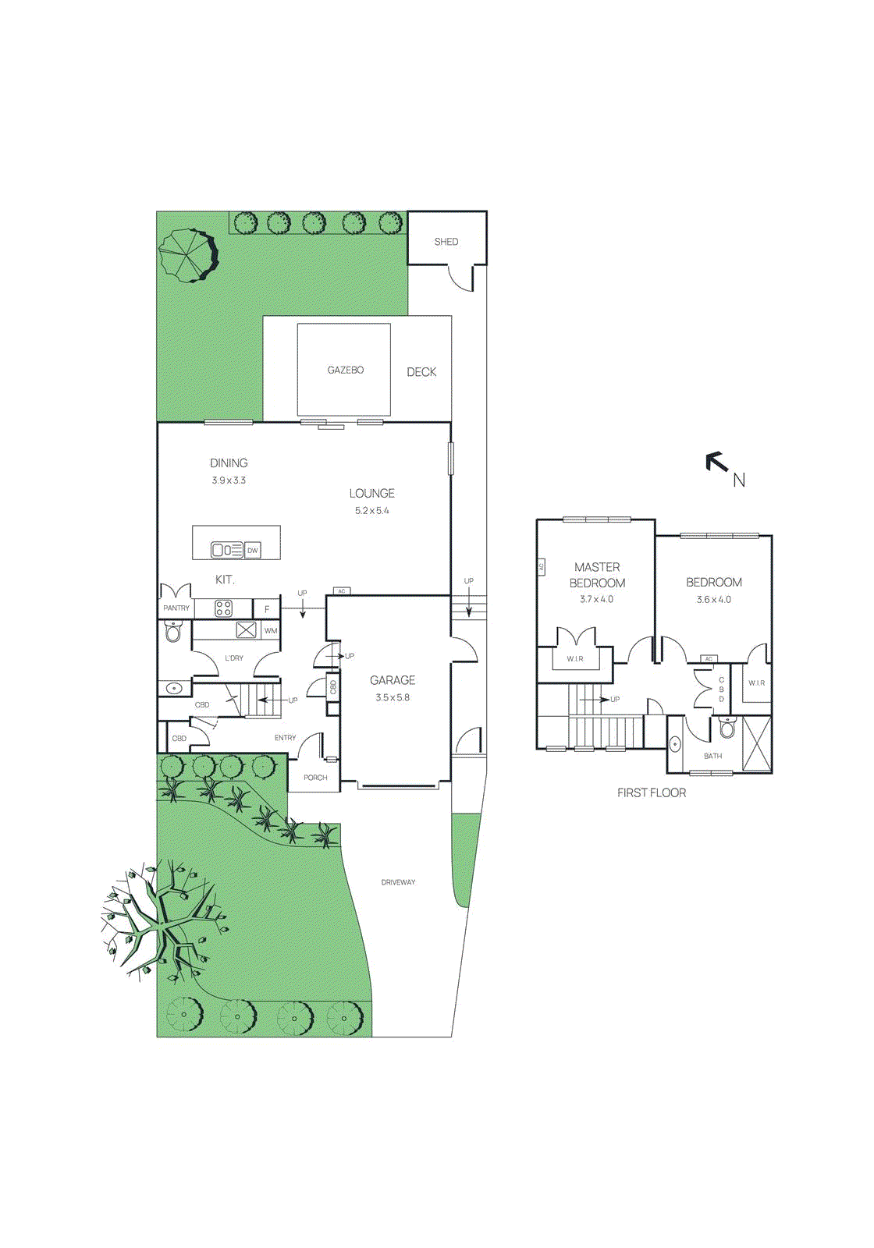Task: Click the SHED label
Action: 446,242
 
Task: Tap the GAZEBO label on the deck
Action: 346,370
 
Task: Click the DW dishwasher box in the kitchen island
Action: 253,551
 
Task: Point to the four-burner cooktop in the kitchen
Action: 224,608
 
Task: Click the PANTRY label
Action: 176,608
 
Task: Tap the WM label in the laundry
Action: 271,631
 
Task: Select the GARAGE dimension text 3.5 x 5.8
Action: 393,698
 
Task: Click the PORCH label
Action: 315,778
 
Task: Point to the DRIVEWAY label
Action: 398,882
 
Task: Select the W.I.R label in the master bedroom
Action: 575,659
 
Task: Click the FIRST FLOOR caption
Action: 652,792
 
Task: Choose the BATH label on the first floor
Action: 712,756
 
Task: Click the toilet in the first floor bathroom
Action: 727,729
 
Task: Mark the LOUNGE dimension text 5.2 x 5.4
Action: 372,511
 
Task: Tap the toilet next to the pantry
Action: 173,632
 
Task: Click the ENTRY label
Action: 285,738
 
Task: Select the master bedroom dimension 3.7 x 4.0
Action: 597,600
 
